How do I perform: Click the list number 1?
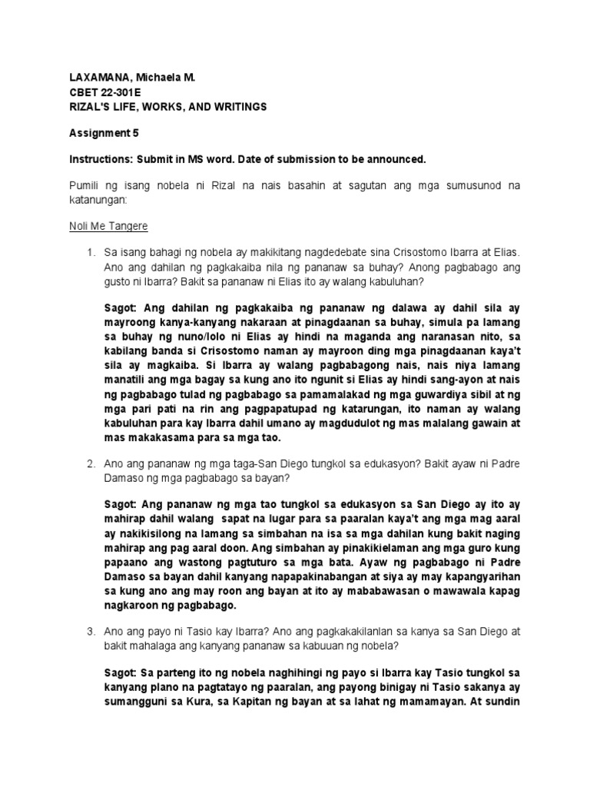point(90,252)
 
